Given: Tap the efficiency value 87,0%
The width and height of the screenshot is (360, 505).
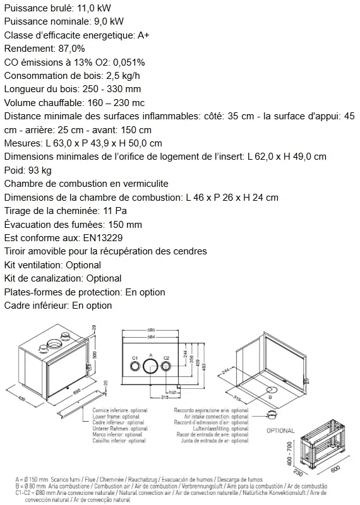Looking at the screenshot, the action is pyautogui.click(x=69, y=49).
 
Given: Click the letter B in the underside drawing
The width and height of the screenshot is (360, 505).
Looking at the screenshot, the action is pyautogui.click(x=270, y=397).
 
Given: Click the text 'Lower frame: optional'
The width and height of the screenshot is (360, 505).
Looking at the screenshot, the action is pyautogui.click(x=119, y=417).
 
